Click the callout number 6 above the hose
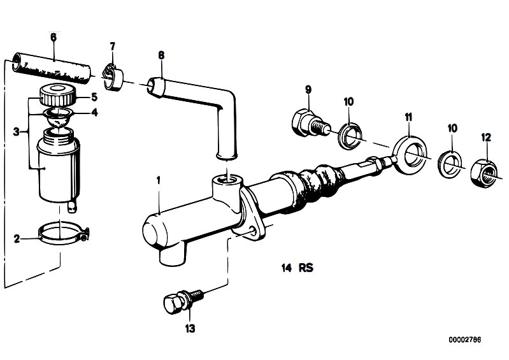click(x=54, y=38)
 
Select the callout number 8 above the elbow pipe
click(x=161, y=55)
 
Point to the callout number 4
click(x=94, y=112)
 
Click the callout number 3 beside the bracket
click(x=16, y=132)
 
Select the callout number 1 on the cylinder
click(x=159, y=181)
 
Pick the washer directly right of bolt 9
click(x=350, y=136)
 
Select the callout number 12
click(x=486, y=138)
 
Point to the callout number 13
click(x=190, y=329)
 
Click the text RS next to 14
click(x=306, y=268)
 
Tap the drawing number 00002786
click(x=465, y=340)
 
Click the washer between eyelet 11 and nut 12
click(x=450, y=164)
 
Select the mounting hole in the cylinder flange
click(x=253, y=231)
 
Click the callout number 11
click(x=408, y=117)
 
